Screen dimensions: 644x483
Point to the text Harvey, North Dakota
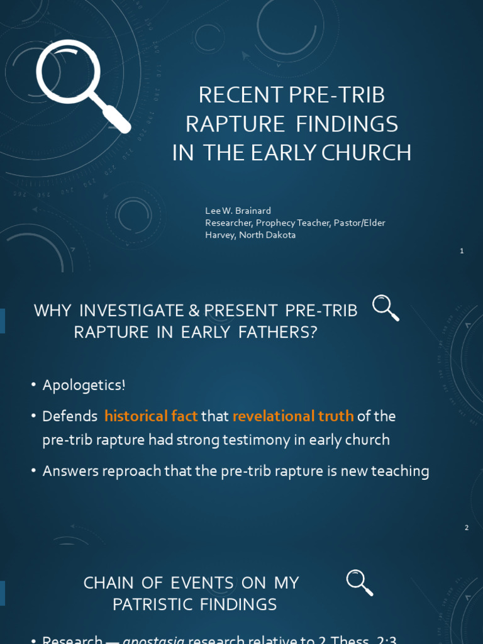[x=250, y=235]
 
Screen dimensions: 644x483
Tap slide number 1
[x=462, y=251]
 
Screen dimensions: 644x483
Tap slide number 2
[x=467, y=528]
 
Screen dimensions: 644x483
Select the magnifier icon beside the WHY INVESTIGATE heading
[x=386, y=308]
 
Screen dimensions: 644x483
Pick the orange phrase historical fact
[x=151, y=416]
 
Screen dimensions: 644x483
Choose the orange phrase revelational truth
[x=293, y=416]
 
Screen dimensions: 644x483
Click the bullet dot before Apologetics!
[x=33, y=385]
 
